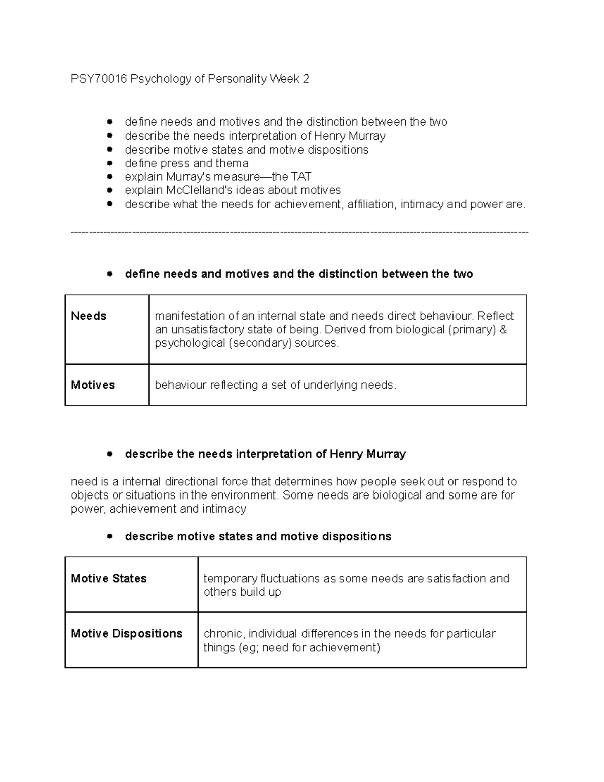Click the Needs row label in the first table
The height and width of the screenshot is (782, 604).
[x=89, y=316]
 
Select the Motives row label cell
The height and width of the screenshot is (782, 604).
[x=93, y=385]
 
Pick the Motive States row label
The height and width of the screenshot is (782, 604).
[x=109, y=579]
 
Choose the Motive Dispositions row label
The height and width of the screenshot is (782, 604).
[x=126, y=634]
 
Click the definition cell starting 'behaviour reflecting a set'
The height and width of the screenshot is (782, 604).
[x=275, y=385]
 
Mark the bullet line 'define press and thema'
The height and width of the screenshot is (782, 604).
[x=186, y=163]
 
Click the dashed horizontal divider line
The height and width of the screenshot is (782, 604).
[x=300, y=232]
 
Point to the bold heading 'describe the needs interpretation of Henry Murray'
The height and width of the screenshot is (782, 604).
[x=265, y=454]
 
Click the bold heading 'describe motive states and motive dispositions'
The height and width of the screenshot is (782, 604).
[x=258, y=537]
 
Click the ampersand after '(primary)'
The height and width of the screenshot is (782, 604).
[x=503, y=330]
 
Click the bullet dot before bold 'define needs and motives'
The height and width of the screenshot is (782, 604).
[x=109, y=274]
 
